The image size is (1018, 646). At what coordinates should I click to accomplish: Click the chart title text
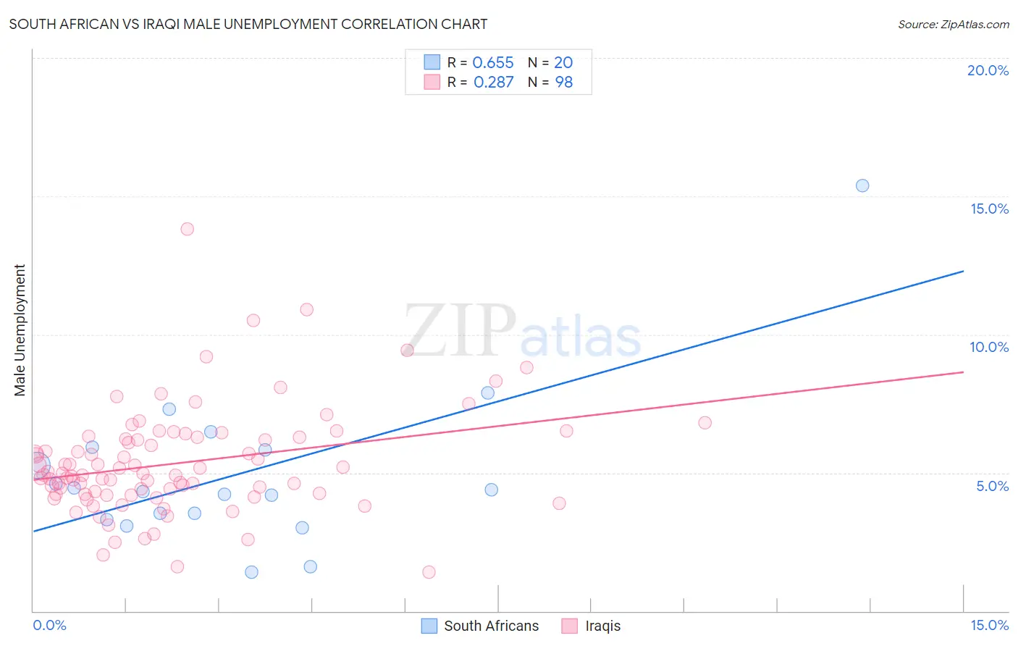tap(248, 24)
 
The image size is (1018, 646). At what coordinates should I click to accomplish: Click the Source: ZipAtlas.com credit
tap(953, 24)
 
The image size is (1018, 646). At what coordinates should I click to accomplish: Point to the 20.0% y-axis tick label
tap(988, 70)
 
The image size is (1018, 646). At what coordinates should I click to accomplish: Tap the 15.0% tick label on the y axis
tap(989, 209)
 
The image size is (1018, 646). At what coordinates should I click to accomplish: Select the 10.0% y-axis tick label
tap(989, 347)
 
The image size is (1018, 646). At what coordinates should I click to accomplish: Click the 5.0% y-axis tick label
tap(992, 486)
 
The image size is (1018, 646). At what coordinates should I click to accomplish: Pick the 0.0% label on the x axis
tap(49, 625)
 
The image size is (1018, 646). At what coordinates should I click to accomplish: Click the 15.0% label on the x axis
tap(989, 625)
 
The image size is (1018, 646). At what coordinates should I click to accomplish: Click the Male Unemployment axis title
tap(20, 330)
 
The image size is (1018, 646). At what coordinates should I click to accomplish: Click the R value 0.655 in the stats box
tap(492, 63)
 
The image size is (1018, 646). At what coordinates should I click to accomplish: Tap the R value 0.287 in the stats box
tap(493, 82)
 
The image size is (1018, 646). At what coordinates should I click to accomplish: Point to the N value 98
tap(563, 82)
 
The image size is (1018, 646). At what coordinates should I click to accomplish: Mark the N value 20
tap(563, 63)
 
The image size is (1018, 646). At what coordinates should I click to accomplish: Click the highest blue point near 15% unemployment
tap(862, 185)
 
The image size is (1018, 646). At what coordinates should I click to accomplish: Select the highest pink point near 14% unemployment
tap(187, 229)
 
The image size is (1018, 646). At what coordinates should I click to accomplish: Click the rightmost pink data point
tap(704, 422)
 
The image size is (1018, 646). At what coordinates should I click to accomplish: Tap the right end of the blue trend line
tap(963, 271)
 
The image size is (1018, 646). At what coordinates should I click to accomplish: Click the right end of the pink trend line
tap(963, 372)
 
